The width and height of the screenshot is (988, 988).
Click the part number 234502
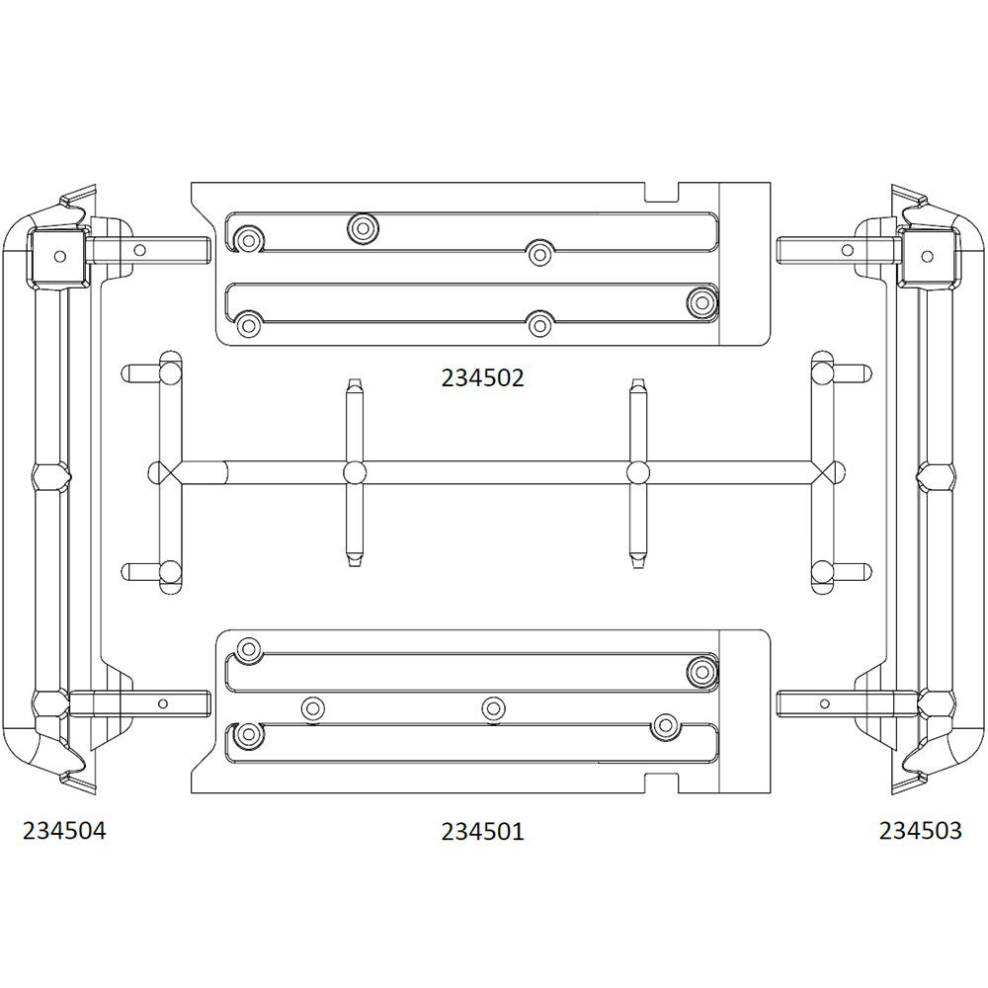pos(483,378)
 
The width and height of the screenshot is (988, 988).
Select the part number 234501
pos(483,831)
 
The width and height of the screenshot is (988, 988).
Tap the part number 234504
pos(64,831)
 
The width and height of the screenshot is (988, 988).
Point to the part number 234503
pos(921,831)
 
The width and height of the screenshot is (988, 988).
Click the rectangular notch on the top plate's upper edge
pos(663,193)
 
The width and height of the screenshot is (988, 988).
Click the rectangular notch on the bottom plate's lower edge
pos(663,783)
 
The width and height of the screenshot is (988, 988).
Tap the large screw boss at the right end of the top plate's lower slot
pos(701,301)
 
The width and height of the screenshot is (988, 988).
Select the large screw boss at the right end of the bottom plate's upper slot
pos(701,672)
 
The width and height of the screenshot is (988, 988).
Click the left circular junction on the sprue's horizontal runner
pos(354,472)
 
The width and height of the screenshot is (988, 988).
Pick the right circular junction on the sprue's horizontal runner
pos(638,472)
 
